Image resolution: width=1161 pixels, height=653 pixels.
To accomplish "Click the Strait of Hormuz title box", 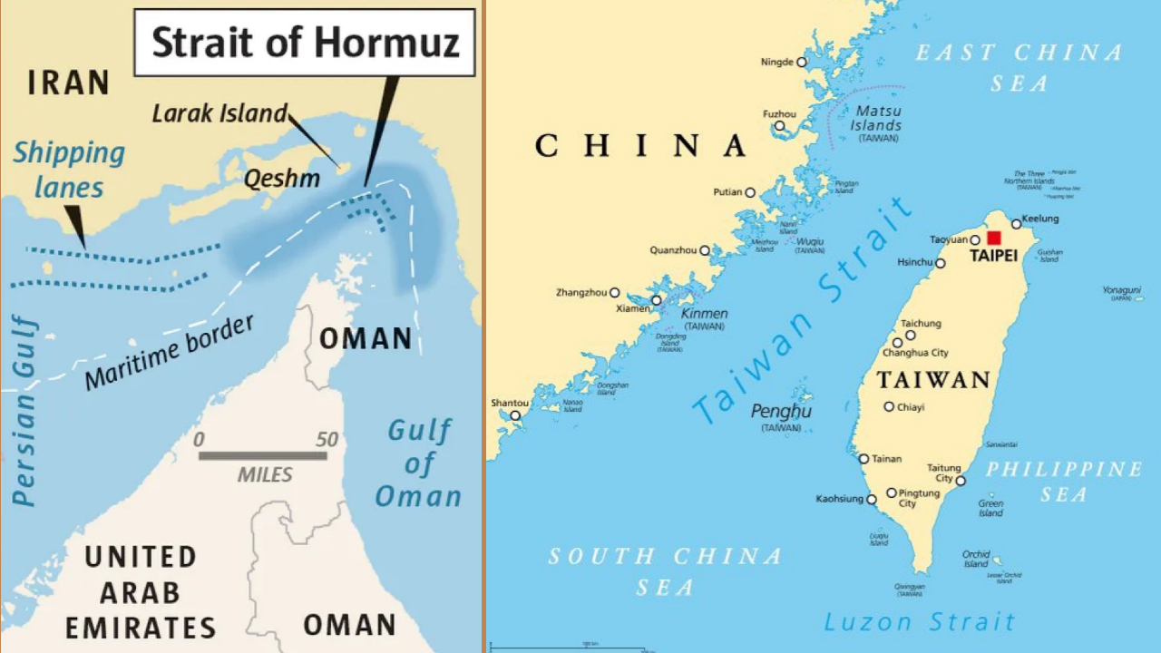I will (305, 43).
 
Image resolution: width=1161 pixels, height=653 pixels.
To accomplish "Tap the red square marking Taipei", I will (994, 238).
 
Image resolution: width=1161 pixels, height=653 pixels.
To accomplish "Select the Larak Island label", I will (220, 113).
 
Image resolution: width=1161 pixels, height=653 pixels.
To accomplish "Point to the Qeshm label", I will (281, 179).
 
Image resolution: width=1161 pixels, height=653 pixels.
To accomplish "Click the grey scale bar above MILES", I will (263, 455).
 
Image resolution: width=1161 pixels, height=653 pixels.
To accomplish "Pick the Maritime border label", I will (170, 352).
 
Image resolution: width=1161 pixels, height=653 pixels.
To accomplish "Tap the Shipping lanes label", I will (69, 170).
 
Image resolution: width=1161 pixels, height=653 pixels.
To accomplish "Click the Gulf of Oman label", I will (418, 463).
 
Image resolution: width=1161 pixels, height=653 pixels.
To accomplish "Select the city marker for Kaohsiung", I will (872, 499).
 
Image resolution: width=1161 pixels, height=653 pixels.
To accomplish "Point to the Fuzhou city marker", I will (778, 125).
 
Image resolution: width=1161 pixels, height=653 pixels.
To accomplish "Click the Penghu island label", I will (781, 412).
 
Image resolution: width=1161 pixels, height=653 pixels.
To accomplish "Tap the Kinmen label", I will (704, 314).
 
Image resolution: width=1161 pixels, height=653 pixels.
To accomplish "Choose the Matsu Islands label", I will (877, 118).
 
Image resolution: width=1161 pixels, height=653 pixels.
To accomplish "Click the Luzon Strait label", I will (919, 622).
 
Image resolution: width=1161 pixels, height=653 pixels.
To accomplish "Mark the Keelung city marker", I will (1016, 224).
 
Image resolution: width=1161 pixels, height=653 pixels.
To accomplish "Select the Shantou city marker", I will (515, 415).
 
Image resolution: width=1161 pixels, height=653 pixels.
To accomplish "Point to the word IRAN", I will (69, 83).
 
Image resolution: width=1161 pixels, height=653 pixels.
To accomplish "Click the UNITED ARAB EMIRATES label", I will (141, 591).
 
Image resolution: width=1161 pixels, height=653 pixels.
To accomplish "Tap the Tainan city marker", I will (863, 459).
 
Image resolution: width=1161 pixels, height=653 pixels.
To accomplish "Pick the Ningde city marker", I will (801, 62).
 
